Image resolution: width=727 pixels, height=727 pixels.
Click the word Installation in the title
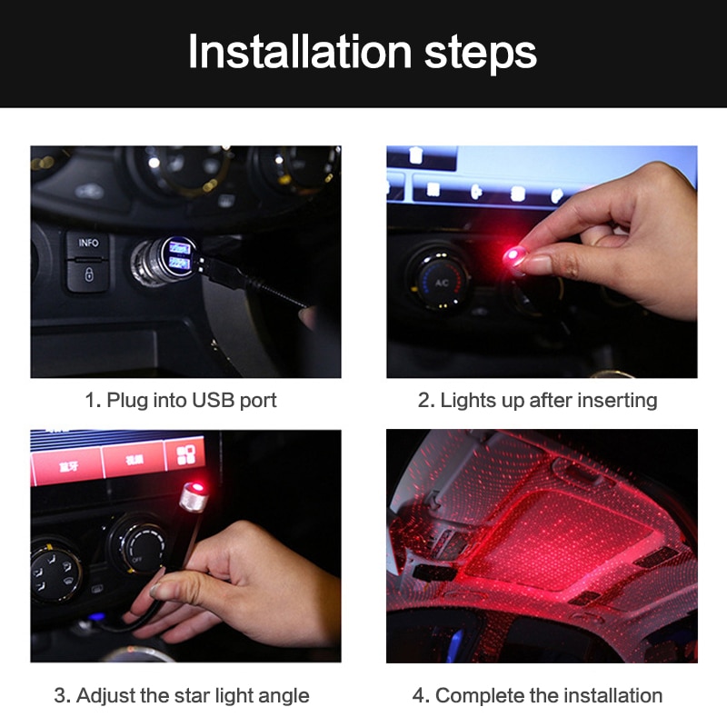[x=300, y=53]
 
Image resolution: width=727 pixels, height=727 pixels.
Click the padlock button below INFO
[x=88, y=274]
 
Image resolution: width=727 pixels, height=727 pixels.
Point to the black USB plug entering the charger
[x=222, y=271]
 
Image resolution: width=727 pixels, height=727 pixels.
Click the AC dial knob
[x=440, y=281]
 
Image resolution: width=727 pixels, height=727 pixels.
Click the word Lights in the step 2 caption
[x=468, y=400]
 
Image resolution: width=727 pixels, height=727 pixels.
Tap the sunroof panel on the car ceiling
[x=536, y=536]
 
